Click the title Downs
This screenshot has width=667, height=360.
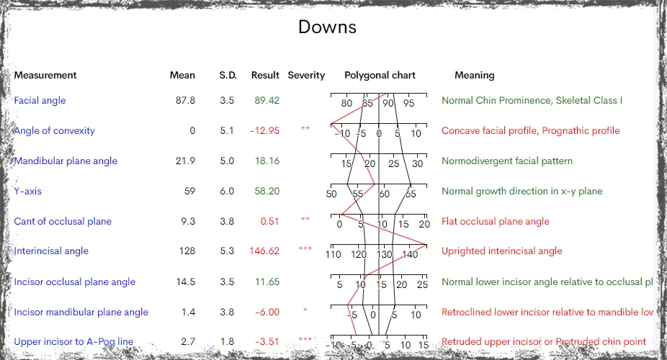327,27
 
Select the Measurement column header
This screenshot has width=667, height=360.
45,75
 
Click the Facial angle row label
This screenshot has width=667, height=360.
40,100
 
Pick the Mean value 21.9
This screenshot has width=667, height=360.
186,161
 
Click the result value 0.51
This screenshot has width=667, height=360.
270,221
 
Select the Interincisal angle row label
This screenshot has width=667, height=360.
51,251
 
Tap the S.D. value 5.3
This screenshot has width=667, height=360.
227,251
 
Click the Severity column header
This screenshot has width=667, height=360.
306,75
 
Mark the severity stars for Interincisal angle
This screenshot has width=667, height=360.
305,250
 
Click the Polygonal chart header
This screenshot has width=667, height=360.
380,75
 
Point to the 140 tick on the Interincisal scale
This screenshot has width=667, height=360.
410,254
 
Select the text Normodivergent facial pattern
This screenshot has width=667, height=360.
507,161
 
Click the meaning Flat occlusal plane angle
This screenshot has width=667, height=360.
496,221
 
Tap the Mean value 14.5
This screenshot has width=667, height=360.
186,282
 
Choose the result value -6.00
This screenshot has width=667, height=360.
267,312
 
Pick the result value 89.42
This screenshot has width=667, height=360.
267,100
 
